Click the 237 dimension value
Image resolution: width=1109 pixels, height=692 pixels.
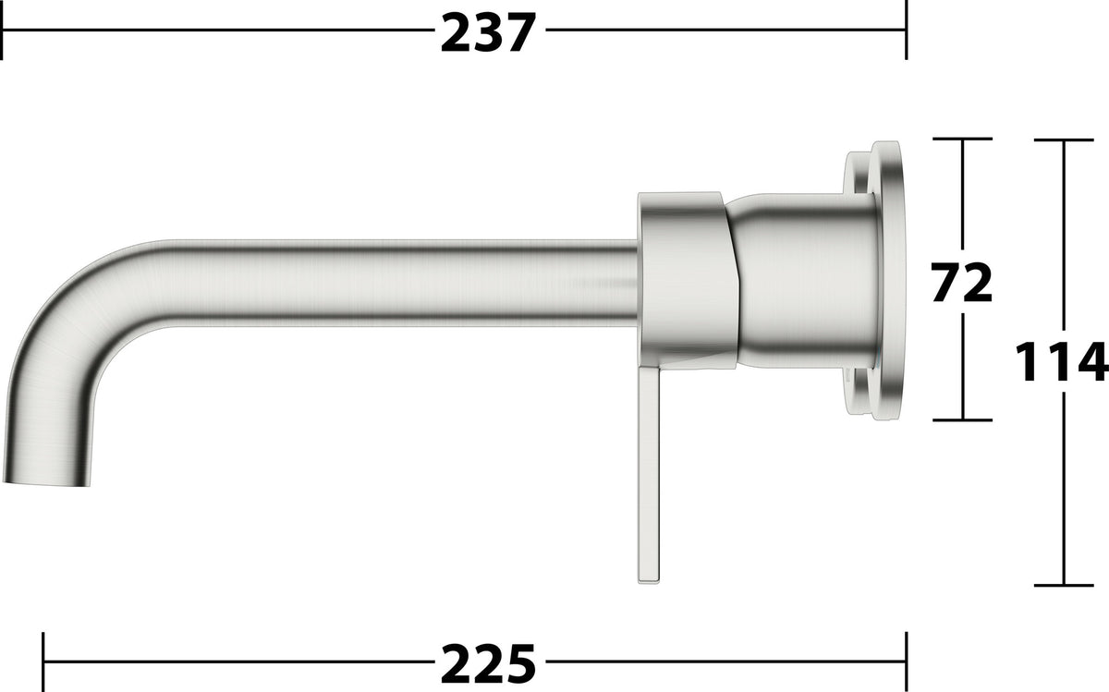[x=488, y=32]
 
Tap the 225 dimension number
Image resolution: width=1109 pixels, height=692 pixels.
[x=488, y=663]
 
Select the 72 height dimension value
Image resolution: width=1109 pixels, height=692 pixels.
[x=961, y=282]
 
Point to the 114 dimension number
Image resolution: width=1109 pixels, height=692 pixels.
[x=1062, y=361]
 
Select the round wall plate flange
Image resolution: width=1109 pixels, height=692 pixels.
[x=889, y=280]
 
